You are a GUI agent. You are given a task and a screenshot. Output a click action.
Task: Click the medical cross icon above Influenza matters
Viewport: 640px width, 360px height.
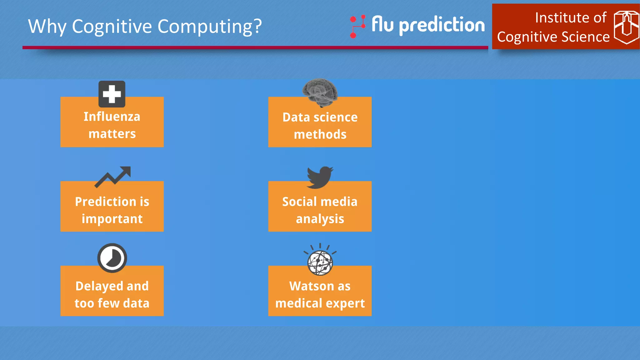[x=112, y=94]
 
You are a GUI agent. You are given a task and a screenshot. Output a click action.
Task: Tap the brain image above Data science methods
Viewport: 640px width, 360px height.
[x=320, y=92]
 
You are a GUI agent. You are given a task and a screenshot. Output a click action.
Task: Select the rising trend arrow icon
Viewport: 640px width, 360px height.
[x=113, y=177]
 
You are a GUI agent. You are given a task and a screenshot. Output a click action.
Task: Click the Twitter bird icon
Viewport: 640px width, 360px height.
[x=320, y=177]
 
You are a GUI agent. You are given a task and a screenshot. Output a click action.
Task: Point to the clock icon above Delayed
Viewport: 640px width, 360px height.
[x=112, y=258]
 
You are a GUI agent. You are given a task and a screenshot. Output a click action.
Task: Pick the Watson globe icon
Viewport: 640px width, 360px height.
[x=320, y=262]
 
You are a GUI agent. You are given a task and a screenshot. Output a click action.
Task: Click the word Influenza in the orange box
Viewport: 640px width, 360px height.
[x=112, y=117]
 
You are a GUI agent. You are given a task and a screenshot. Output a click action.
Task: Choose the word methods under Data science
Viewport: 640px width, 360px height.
[x=320, y=135]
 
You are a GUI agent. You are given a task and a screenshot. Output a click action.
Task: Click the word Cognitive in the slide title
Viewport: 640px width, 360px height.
[x=112, y=27]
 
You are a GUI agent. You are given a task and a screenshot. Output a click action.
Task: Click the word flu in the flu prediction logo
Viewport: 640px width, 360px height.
[x=382, y=24]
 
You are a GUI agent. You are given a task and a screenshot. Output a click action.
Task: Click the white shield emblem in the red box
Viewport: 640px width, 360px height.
[x=626, y=27]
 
